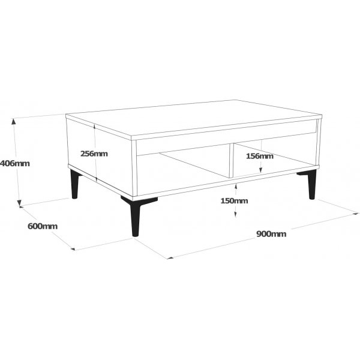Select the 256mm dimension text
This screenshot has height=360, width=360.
click(x=94, y=154)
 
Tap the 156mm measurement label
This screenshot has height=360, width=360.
click(x=259, y=156)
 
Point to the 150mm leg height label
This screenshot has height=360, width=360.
click(x=235, y=200)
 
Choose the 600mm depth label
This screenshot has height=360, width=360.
click(x=43, y=226)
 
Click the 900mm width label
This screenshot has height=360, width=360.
click(x=271, y=234)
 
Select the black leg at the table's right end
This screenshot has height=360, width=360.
click(x=311, y=184)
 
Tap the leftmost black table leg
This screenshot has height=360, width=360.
click(x=74, y=184)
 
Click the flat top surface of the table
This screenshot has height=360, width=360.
click(x=192, y=117)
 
